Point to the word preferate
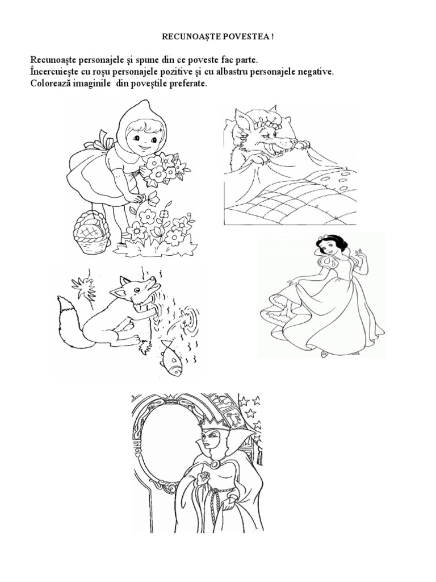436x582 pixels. point(186,84)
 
